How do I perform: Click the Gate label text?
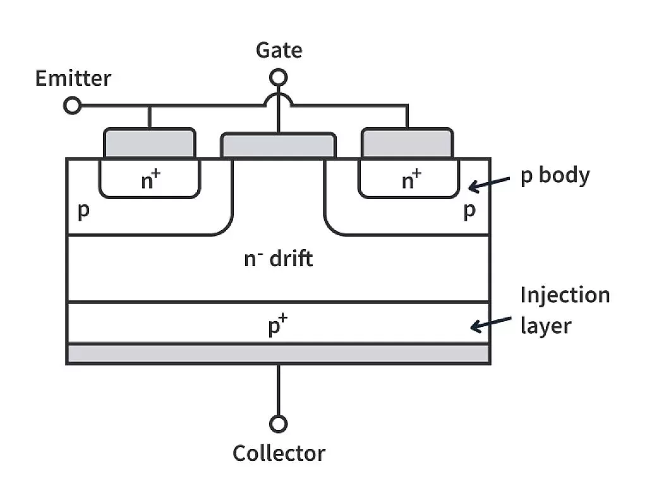279,50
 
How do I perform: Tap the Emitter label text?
73,78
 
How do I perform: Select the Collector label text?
279,453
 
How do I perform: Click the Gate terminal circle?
279,77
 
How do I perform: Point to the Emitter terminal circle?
73,106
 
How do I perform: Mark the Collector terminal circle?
278,424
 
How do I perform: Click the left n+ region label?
149,181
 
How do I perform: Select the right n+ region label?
411,181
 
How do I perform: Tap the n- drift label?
279,259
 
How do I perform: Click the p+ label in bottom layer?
278,327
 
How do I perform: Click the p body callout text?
555,175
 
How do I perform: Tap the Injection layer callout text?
564,310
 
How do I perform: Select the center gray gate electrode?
278,145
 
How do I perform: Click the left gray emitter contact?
149,143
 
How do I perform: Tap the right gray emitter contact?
407,143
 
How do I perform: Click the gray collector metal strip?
278,353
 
